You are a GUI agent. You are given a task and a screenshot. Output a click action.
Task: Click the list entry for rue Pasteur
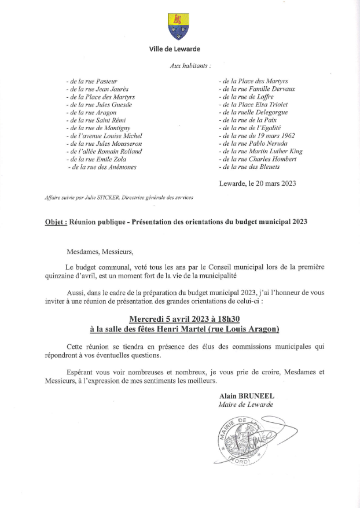[93, 82]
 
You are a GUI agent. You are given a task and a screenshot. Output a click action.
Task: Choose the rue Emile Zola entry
[95, 158]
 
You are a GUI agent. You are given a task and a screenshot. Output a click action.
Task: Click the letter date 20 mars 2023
[268, 183]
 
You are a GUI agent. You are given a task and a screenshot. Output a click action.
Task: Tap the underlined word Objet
[56, 222]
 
